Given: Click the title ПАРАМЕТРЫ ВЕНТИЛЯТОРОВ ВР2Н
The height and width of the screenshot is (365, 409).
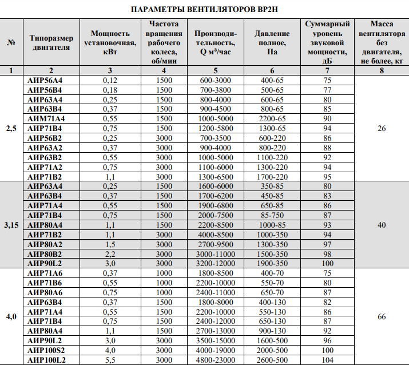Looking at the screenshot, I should pyautogui.click(x=204, y=9).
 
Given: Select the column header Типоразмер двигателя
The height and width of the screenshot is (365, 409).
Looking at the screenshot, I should pyautogui.click(x=51, y=42).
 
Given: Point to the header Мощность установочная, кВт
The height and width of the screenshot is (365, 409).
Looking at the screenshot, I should pyautogui.click(x=106, y=42).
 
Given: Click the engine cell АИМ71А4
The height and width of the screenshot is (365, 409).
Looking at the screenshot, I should pyautogui.click(x=47, y=118).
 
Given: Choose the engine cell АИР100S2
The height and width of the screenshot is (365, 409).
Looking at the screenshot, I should pyautogui.click(x=47, y=350).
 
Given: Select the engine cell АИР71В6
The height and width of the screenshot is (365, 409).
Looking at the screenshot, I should pyautogui.click(x=46, y=283).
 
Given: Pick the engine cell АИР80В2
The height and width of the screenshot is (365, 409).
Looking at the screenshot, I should pyautogui.click(x=46, y=253).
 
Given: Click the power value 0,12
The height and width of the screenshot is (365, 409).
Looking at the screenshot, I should pyautogui.click(x=110, y=81).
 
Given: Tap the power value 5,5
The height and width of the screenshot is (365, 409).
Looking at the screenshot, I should pyautogui.click(x=110, y=359).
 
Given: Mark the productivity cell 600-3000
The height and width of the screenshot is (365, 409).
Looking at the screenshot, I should pyautogui.click(x=216, y=81).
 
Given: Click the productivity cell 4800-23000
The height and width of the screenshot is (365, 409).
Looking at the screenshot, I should pyautogui.click(x=216, y=359).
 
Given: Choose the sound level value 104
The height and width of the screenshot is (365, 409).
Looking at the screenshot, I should pyautogui.click(x=327, y=359).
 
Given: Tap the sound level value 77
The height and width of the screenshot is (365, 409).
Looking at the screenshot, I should pyautogui.click(x=327, y=90).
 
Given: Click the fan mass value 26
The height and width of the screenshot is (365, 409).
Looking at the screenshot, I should pyautogui.click(x=382, y=129).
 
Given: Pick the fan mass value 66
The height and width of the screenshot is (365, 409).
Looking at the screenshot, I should pyautogui.click(x=382, y=316).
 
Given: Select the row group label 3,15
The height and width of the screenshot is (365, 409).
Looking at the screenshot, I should pyautogui.click(x=11, y=225).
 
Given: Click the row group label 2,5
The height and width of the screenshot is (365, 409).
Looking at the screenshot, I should pyautogui.click(x=11, y=129).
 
